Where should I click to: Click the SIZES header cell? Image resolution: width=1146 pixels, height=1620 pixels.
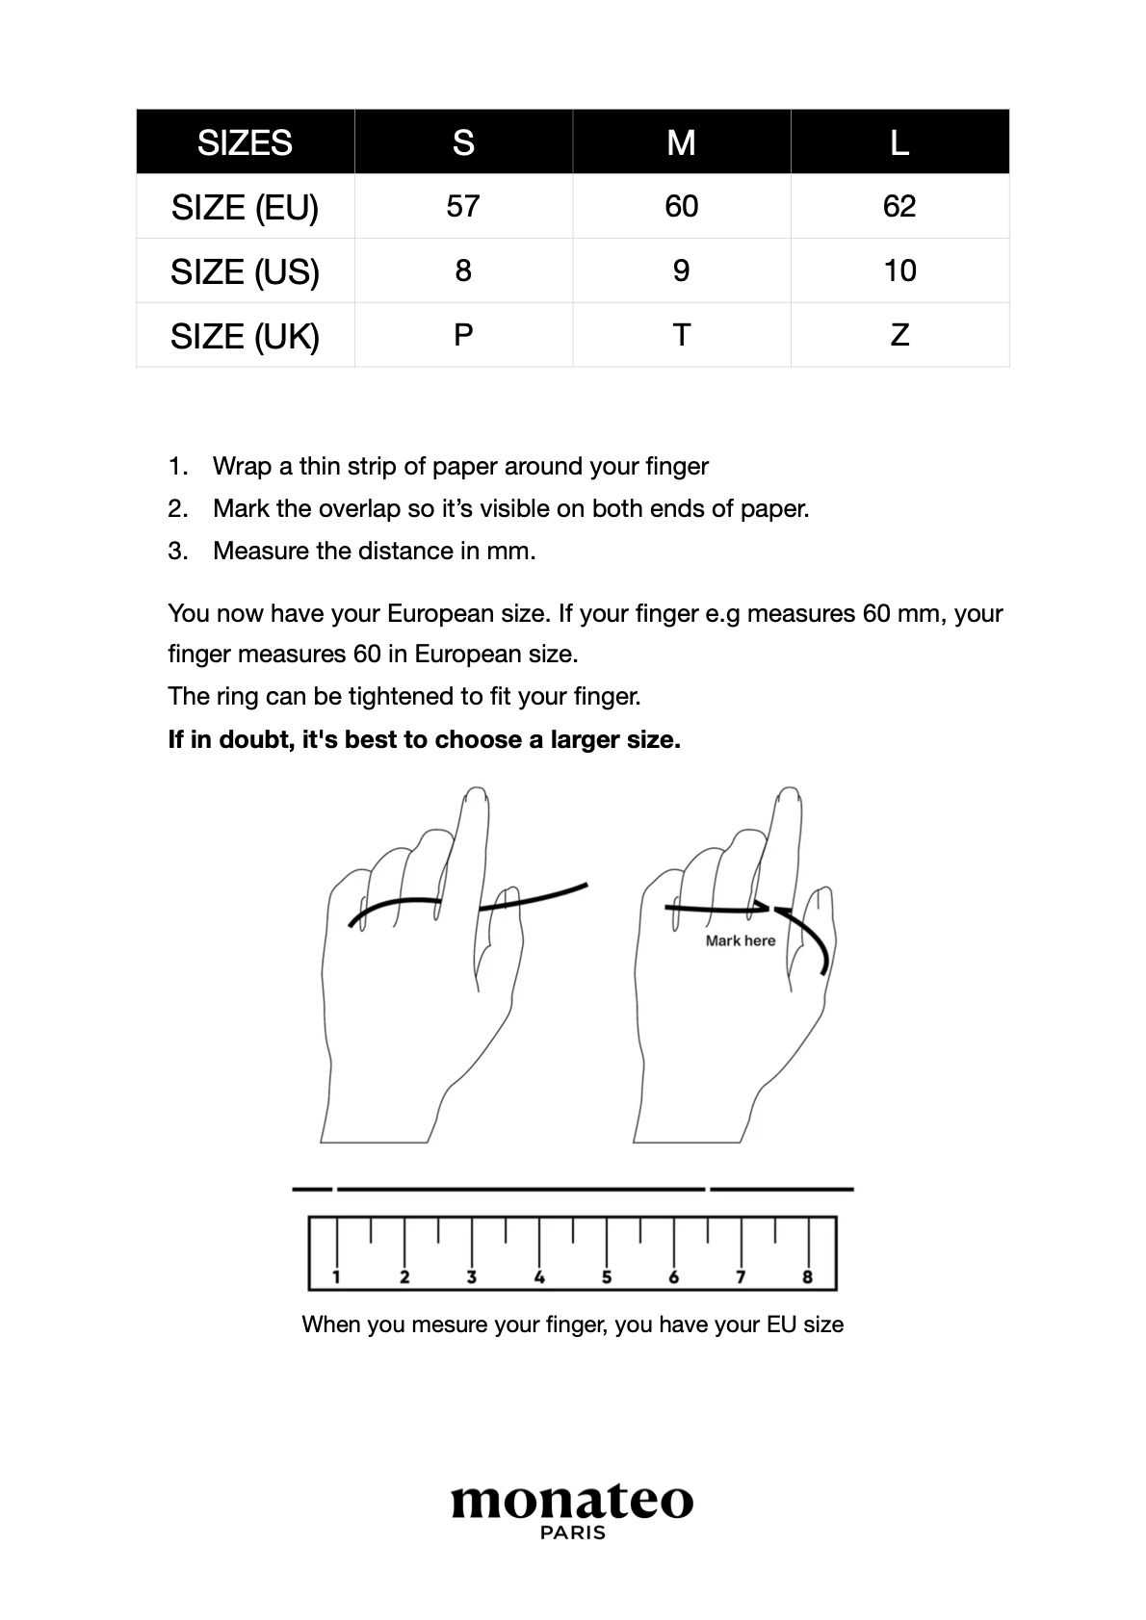click(x=245, y=142)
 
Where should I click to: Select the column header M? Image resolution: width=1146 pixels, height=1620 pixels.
click(x=681, y=142)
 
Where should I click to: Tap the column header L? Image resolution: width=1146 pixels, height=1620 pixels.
click(x=899, y=142)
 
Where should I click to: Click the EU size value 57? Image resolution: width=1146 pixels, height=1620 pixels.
click(x=463, y=206)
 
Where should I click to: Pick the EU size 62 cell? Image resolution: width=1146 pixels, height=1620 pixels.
click(x=899, y=206)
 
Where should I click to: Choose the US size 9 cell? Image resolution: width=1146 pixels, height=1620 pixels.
click(x=681, y=270)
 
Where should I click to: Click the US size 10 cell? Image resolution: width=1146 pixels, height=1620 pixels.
click(x=899, y=270)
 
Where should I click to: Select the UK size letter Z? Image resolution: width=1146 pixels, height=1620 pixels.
click(x=899, y=335)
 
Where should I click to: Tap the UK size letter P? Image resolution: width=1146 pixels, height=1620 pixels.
click(x=463, y=335)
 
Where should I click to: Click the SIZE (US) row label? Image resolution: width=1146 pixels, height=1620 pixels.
click(x=245, y=272)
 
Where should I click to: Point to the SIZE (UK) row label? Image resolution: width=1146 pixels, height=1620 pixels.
click(x=245, y=337)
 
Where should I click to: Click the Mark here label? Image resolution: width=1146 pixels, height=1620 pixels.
click(x=740, y=941)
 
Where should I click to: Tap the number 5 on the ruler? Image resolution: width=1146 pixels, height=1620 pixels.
click(x=607, y=1277)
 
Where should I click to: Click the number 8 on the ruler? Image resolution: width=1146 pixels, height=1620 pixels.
click(x=807, y=1277)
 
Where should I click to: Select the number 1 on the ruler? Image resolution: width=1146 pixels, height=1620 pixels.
click(x=336, y=1277)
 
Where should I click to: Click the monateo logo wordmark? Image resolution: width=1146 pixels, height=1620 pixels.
click(x=572, y=1501)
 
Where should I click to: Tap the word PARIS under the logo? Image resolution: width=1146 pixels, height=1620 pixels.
click(x=573, y=1532)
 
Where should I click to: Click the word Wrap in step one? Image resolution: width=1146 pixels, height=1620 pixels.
click(x=242, y=467)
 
